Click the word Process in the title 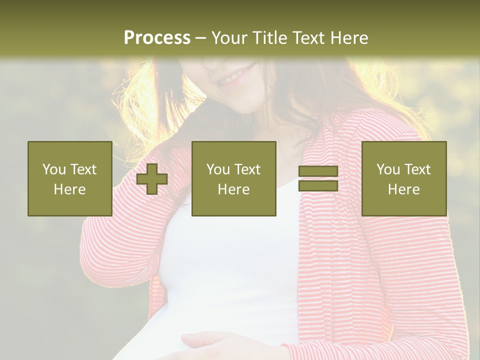pyautogui.click(x=157, y=37)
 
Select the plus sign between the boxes pyautogui.click(x=152, y=179)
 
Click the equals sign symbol pyautogui.click(x=318, y=179)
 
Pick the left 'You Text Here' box pyautogui.click(x=69, y=179)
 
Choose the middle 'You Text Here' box pyautogui.click(x=233, y=179)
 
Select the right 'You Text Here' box pyautogui.click(x=403, y=179)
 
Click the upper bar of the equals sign pyautogui.click(x=318, y=171)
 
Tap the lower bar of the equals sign pyautogui.click(x=318, y=186)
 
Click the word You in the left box pyautogui.click(x=53, y=169)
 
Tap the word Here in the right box pyautogui.click(x=403, y=189)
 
